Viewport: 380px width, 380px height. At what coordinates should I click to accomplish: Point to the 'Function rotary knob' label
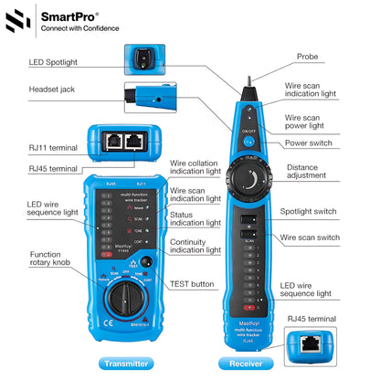[49, 260]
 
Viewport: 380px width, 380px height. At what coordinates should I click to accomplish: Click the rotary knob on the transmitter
[125, 296]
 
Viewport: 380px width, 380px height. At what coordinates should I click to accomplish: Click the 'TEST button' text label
[194, 285]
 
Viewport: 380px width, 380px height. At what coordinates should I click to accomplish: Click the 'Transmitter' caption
[125, 364]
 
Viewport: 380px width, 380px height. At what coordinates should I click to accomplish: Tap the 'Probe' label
[309, 56]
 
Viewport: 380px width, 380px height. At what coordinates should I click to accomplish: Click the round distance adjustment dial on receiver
[248, 183]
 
